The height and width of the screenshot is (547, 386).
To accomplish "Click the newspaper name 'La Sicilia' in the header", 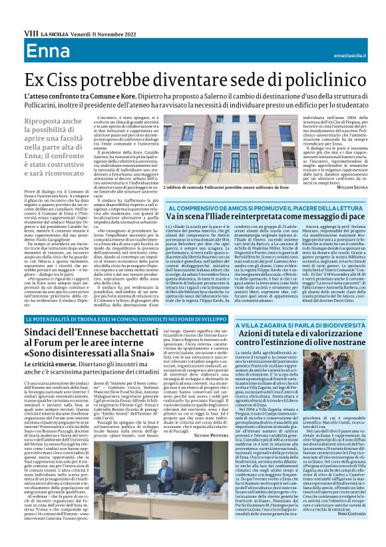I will (53, 33).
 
